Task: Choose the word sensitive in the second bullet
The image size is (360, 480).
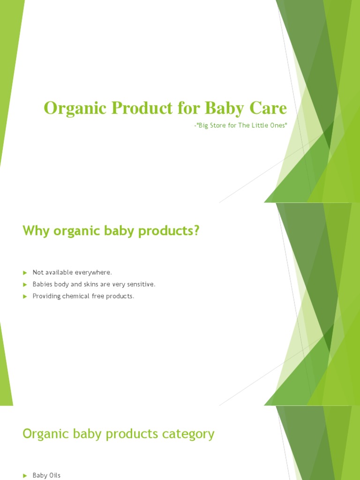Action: tap(140, 285)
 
